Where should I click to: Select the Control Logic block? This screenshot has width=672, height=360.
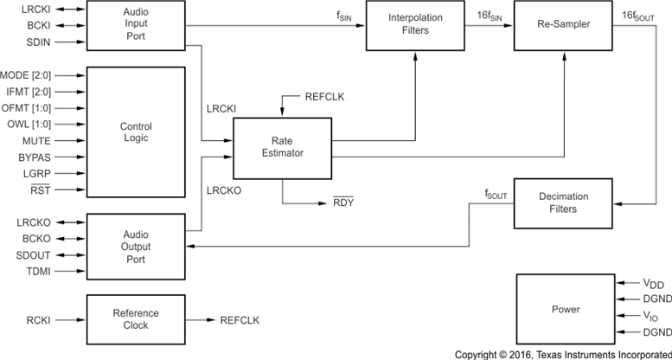click(135, 132)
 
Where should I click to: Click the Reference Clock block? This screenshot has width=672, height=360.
click(135, 319)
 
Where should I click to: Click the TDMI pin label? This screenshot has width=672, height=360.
click(39, 272)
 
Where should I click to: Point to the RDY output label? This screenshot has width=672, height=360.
click(343, 202)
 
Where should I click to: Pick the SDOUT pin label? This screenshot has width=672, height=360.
click(35, 256)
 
